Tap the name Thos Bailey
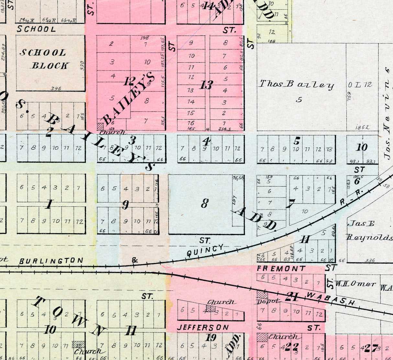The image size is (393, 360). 296,85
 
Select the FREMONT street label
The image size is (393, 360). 281,268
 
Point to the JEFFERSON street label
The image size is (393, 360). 203,328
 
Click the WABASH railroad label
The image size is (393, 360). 330,299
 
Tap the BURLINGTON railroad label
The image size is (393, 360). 51,261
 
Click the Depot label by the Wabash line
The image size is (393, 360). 268,301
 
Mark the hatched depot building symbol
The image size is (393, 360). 262,294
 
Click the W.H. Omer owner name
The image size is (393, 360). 355,284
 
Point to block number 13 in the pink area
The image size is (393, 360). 206,85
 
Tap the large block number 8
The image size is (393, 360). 205,203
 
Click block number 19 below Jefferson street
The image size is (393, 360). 211,337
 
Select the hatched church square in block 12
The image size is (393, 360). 100,126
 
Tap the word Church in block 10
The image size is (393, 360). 87,351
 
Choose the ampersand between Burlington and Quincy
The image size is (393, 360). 135,260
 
